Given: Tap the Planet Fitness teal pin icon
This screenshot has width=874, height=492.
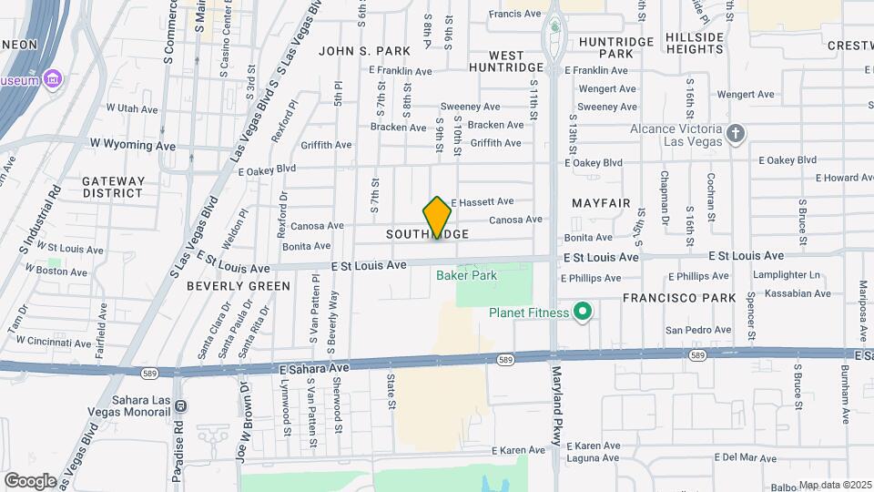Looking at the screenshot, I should click(x=583, y=313).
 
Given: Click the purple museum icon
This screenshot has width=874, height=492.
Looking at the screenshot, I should click(x=54, y=80).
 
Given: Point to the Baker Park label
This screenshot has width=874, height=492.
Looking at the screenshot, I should click(x=465, y=274).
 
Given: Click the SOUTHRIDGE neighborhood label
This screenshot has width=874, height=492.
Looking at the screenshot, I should click(x=427, y=234).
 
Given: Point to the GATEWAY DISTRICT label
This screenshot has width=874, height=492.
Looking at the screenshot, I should click(x=114, y=187).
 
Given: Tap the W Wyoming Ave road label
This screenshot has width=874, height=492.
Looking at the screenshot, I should click(x=133, y=145).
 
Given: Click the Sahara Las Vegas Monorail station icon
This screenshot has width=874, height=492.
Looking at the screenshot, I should click(x=180, y=405).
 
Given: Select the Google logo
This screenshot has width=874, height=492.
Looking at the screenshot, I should click(x=30, y=480).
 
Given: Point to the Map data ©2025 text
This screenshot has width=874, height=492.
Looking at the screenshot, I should click(x=836, y=485).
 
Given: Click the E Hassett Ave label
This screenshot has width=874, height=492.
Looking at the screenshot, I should click(x=482, y=201).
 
